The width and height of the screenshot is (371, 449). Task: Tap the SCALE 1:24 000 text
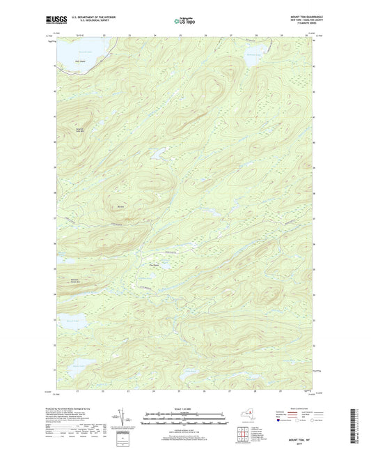[184, 409]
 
